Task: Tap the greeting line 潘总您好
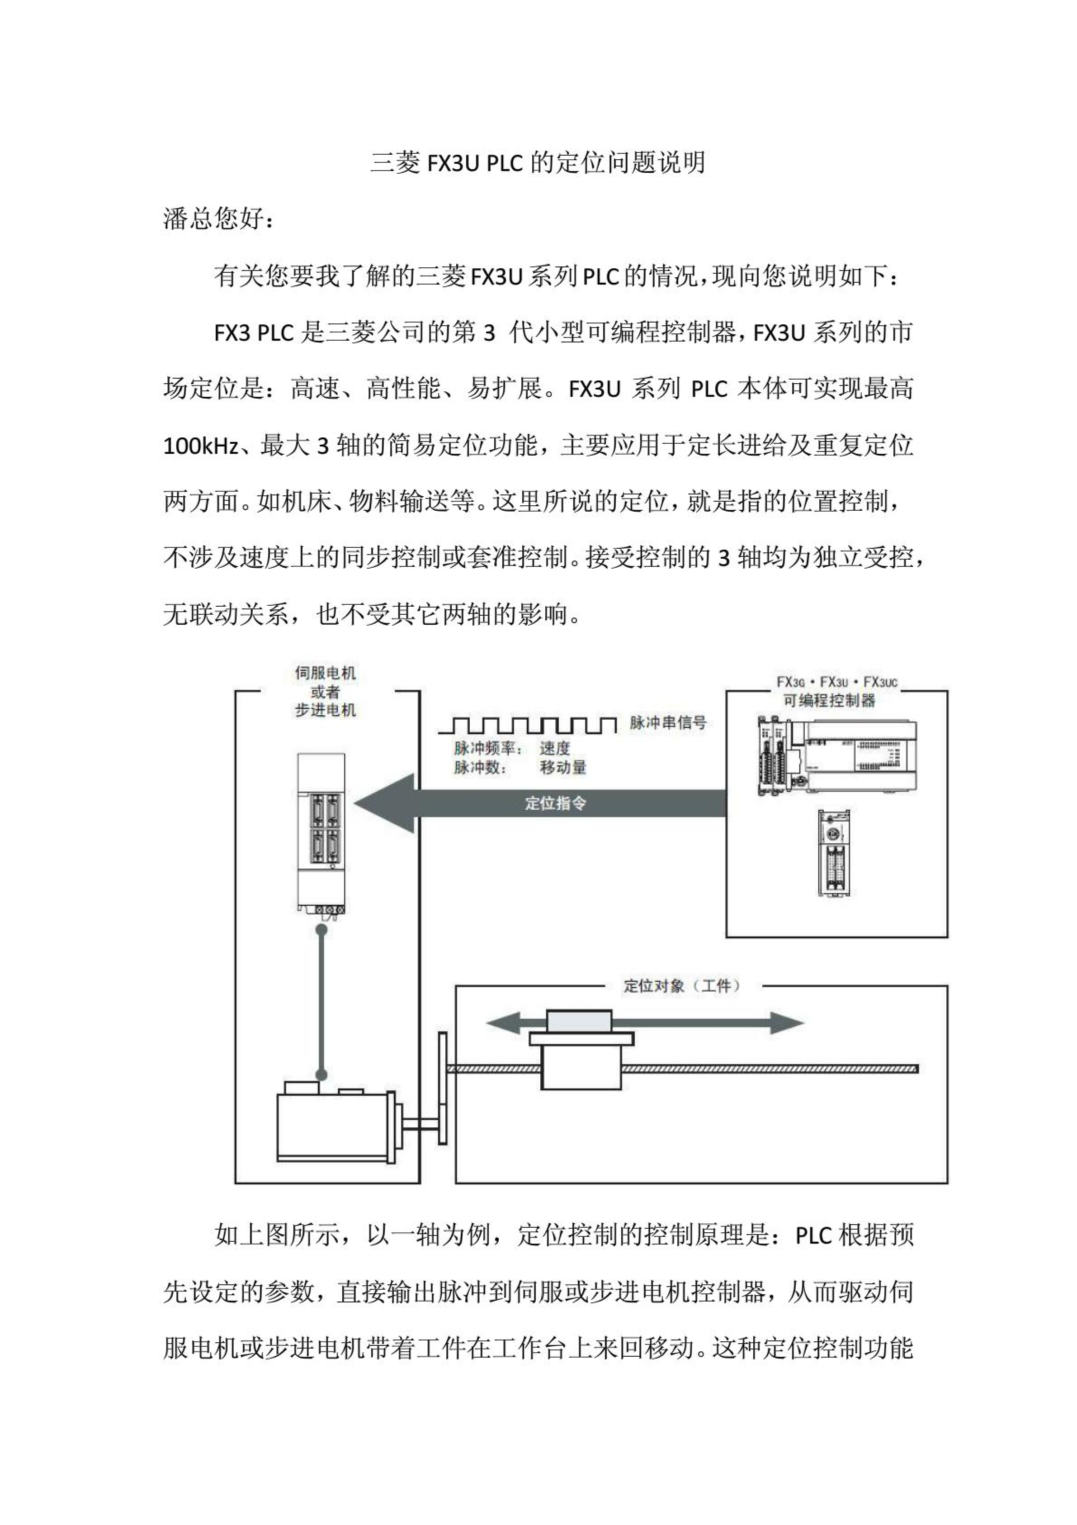tap(218, 219)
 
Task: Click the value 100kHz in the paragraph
tap(201, 446)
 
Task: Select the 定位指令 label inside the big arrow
tap(555, 803)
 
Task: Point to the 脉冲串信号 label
tap(667, 722)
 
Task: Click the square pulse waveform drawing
tap(528, 725)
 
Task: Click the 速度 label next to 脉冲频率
tap(554, 749)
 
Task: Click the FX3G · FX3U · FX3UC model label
tap(836, 682)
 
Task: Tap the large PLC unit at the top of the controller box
tap(838, 757)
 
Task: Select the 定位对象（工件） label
tap(681, 986)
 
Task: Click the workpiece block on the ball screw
tap(581, 1051)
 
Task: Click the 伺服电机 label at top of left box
tap(326, 673)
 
